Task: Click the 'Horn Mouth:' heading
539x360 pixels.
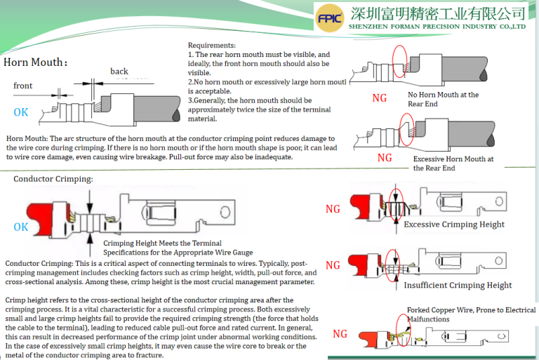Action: [36, 62]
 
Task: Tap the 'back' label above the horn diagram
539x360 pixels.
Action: [119, 72]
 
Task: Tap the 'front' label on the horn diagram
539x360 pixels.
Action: [23, 86]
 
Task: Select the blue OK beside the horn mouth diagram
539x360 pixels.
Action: [21, 112]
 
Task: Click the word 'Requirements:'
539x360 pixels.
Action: [211, 45]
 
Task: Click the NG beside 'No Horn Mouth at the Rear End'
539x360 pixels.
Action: [379, 98]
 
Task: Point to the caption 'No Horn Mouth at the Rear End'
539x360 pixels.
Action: [443, 99]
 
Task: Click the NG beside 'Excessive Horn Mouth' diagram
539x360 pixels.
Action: [385, 158]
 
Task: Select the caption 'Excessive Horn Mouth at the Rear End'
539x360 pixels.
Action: [453, 164]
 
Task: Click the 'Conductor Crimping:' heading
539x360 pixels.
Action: [53, 179]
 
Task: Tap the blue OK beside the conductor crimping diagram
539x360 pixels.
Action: [21, 227]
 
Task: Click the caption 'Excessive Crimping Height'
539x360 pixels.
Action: [454, 225]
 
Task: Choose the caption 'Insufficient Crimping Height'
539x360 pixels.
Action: [458, 286]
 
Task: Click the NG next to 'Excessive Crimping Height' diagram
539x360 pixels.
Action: [333, 209]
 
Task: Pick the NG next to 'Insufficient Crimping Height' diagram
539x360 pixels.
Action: [333, 265]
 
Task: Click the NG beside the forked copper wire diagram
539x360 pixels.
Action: [340, 333]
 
